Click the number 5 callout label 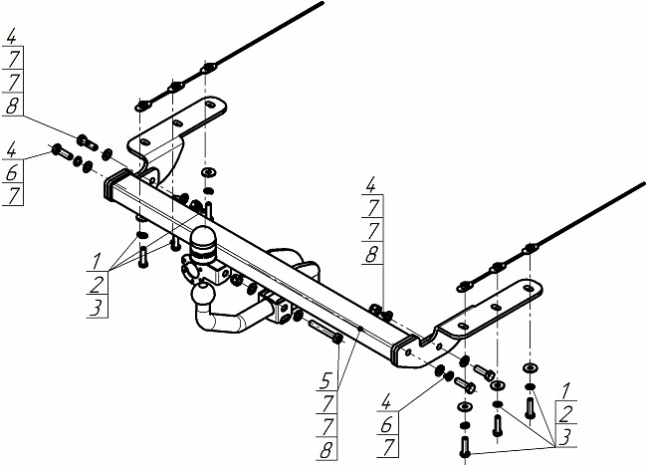point(326,380)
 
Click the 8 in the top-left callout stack point(12,106)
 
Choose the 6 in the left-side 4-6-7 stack point(12,173)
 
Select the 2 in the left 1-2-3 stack point(98,284)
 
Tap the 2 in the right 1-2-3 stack point(566,413)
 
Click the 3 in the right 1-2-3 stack point(565,437)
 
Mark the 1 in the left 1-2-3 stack point(97,261)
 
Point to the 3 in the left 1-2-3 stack point(97,308)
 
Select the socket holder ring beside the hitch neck point(188,269)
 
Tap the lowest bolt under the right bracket point(465,446)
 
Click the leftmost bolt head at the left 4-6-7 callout point(57,148)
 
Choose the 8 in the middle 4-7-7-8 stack point(371,255)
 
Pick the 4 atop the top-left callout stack point(11,36)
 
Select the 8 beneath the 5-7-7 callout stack point(325,450)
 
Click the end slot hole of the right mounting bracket point(529,289)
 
